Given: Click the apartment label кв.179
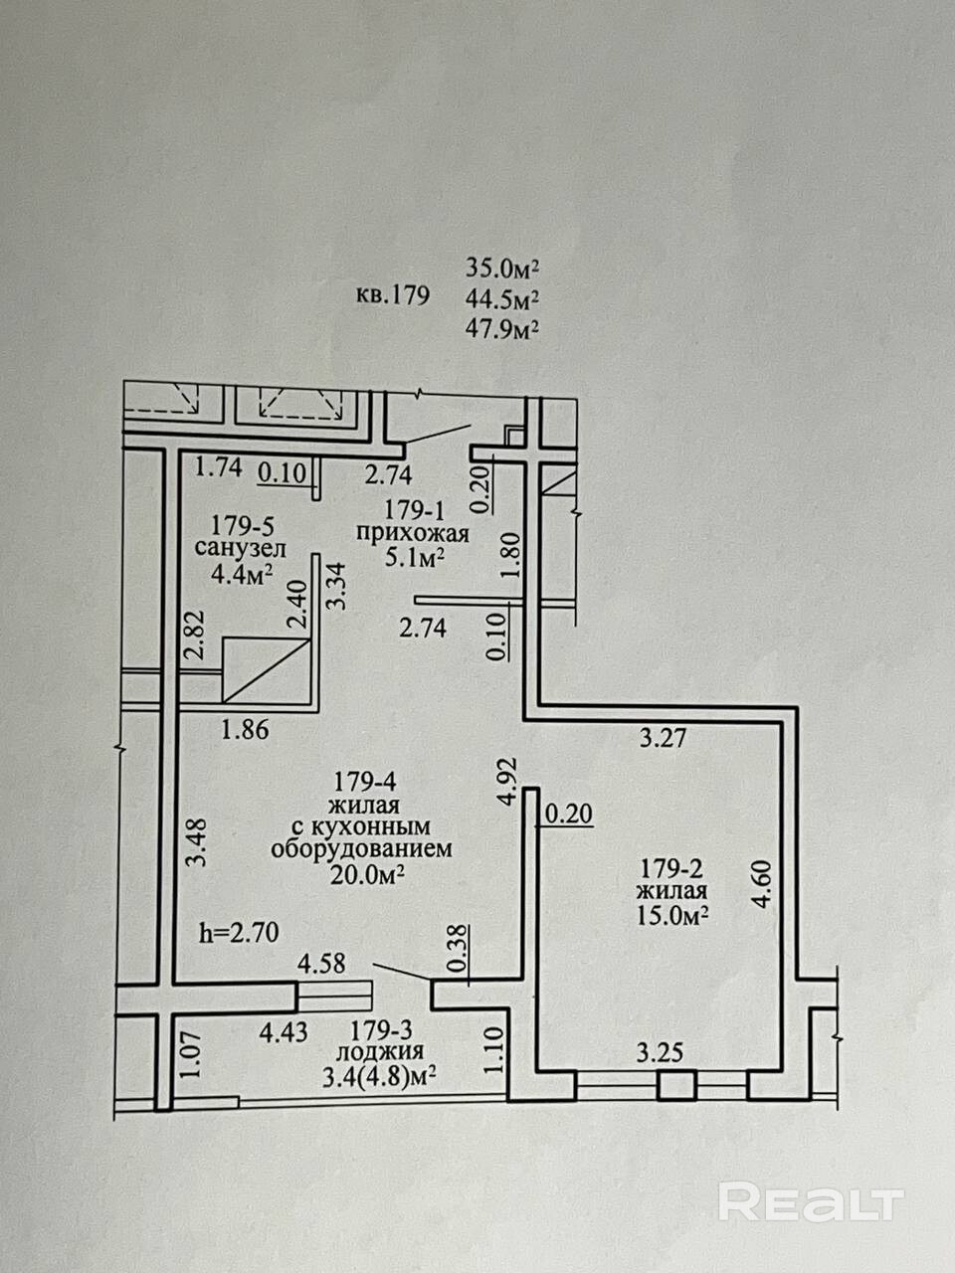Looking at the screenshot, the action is (x=393, y=296).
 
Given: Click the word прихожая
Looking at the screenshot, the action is (x=412, y=533).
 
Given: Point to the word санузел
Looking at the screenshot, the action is (x=240, y=548).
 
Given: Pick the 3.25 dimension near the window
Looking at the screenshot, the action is (x=660, y=1052).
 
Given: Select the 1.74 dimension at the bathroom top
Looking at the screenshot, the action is (x=218, y=466).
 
